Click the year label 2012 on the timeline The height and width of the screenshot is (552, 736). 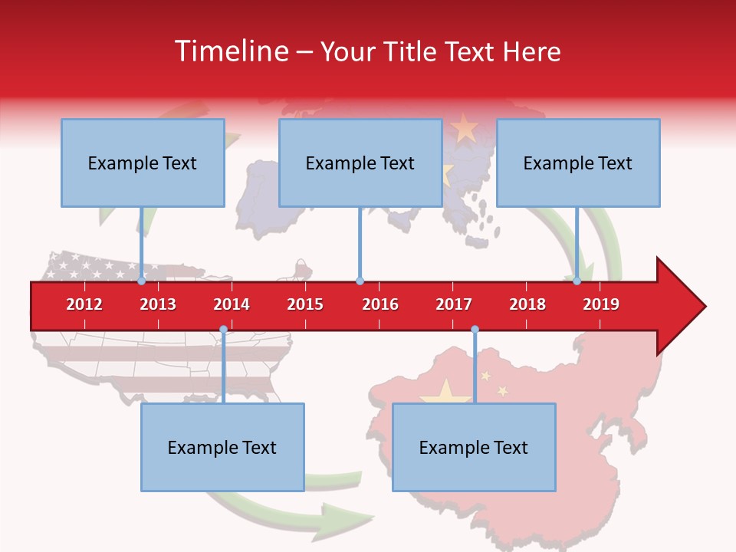point(84,304)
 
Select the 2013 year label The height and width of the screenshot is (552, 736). point(158,304)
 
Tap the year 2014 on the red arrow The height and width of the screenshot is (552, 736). point(232,304)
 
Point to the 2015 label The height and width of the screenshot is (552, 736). point(305,304)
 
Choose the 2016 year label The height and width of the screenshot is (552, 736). point(380,304)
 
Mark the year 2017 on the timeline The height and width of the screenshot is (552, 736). point(454,304)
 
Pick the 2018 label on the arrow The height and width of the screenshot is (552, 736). point(527,304)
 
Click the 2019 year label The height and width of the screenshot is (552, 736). point(601,304)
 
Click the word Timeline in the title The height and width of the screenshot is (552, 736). point(230,51)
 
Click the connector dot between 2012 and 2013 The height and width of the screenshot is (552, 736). point(141,281)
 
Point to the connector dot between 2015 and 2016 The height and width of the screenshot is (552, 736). point(360,281)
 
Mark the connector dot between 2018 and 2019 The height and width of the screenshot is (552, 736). point(577,281)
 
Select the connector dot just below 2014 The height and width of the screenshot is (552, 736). point(223,330)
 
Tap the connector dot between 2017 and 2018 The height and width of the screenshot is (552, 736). point(475,330)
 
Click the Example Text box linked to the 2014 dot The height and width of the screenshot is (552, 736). point(222,447)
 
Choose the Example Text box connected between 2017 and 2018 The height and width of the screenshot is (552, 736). point(474,447)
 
